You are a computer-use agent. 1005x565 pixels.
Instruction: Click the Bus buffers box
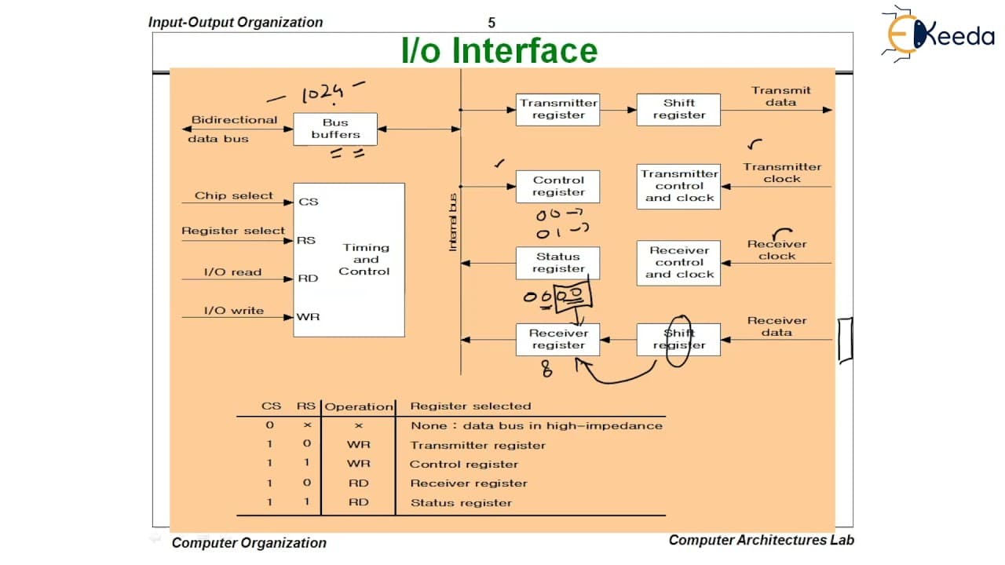(335, 129)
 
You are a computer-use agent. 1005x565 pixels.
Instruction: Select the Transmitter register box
(557, 109)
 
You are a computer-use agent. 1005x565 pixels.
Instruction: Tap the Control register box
(557, 187)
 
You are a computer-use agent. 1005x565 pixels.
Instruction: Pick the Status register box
(557, 263)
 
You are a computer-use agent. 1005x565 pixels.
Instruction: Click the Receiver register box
(557, 340)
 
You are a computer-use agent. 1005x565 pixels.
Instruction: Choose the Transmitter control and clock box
(678, 187)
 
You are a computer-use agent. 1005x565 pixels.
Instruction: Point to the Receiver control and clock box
(678, 263)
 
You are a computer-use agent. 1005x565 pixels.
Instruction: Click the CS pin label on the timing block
(309, 202)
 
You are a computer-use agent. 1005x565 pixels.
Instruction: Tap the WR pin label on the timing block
(308, 317)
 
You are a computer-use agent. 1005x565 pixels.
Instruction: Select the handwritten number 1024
(323, 93)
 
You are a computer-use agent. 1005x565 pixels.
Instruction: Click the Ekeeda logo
(938, 34)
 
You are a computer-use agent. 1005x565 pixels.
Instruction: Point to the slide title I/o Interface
(499, 50)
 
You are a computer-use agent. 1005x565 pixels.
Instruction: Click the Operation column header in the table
(359, 406)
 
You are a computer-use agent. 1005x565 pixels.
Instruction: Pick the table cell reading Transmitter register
(478, 445)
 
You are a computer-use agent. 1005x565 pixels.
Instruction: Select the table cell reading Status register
(461, 503)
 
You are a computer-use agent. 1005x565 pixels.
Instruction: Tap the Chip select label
(233, 195)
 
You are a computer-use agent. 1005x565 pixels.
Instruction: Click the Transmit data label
(781, 97)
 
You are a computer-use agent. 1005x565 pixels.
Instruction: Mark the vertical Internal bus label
(453, 222)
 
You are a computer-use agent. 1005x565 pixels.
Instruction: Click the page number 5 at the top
(492, 23)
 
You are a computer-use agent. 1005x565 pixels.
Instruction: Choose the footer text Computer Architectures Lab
(762, 540)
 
